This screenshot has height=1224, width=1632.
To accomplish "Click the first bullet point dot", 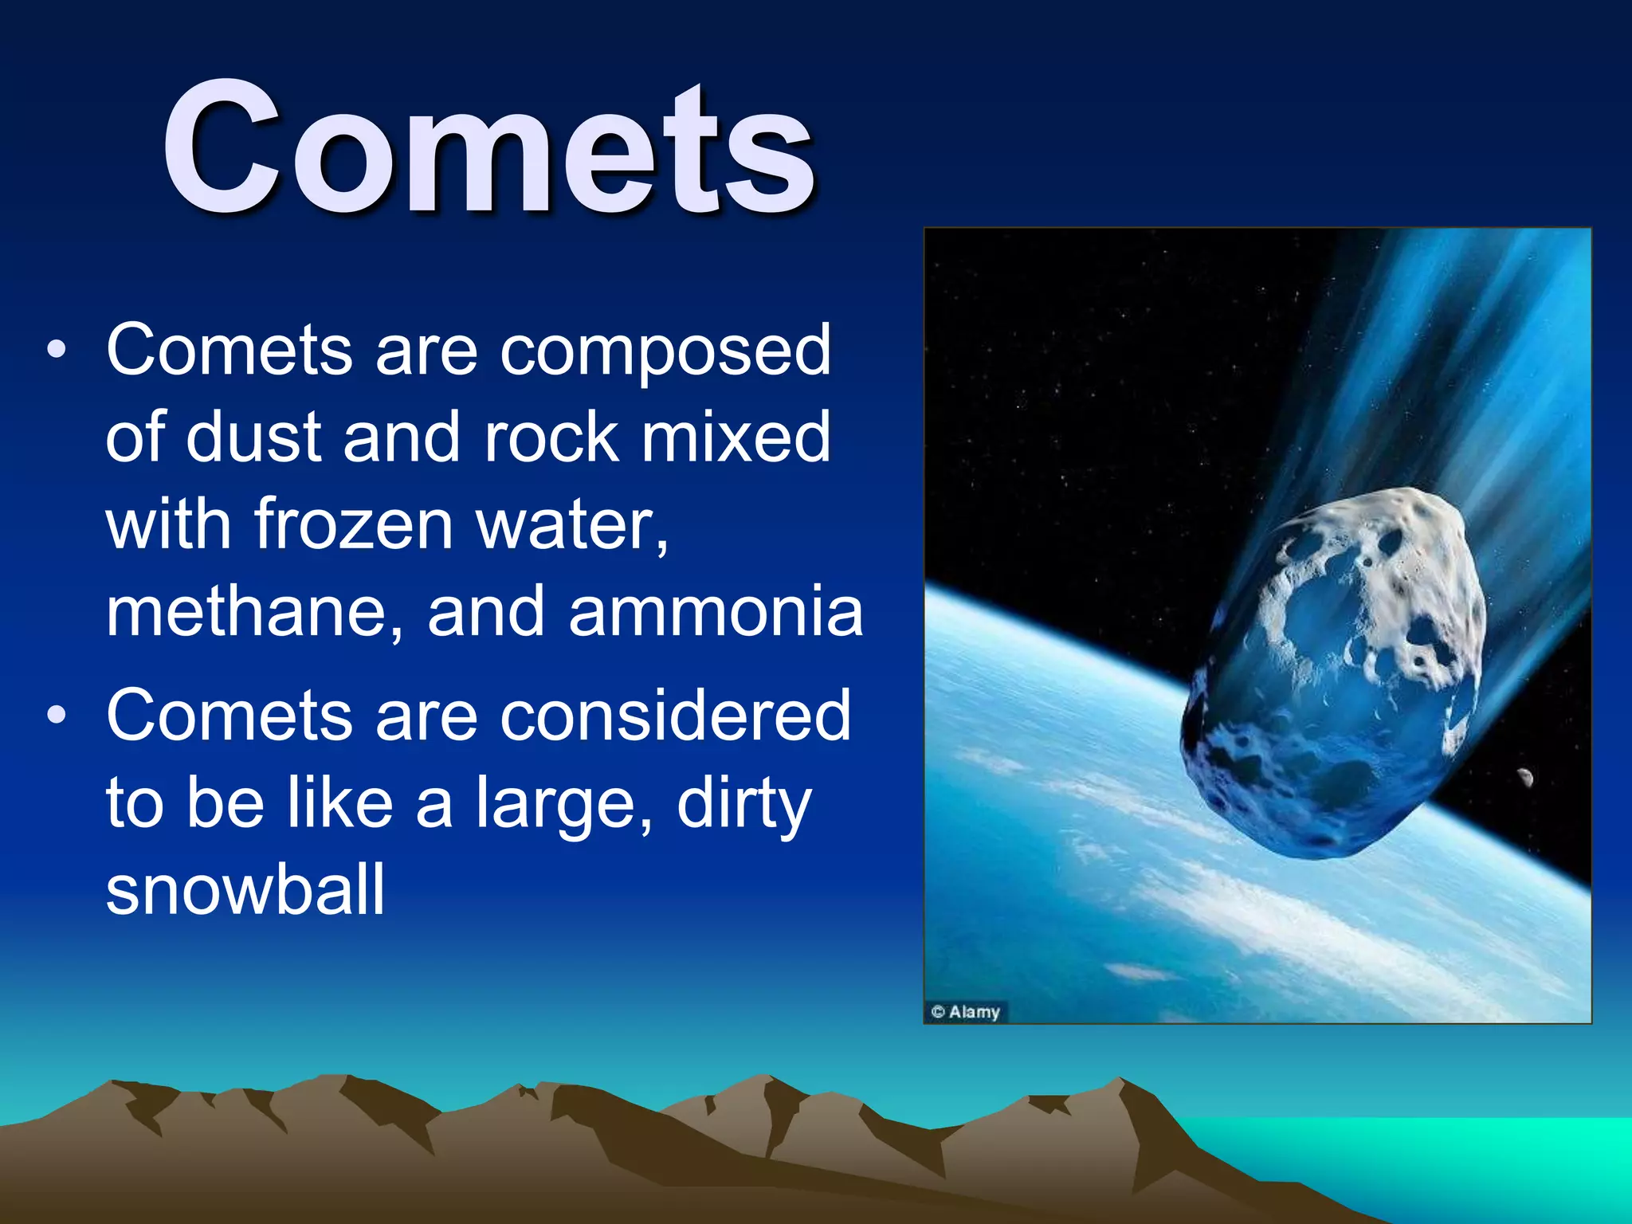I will (x=56, y=350).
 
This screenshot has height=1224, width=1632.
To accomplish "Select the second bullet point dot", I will (x=56, y=715).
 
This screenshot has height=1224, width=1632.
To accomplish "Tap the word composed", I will (x=665, y=352).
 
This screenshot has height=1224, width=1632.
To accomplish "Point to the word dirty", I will (x=743, y=805).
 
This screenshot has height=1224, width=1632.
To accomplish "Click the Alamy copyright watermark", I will (x=966, y=1011).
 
